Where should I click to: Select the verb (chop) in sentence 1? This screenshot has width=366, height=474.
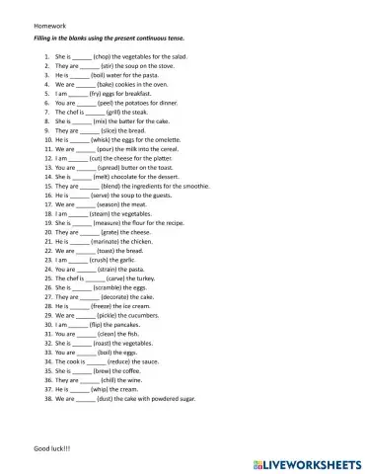(x=107, y=58)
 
